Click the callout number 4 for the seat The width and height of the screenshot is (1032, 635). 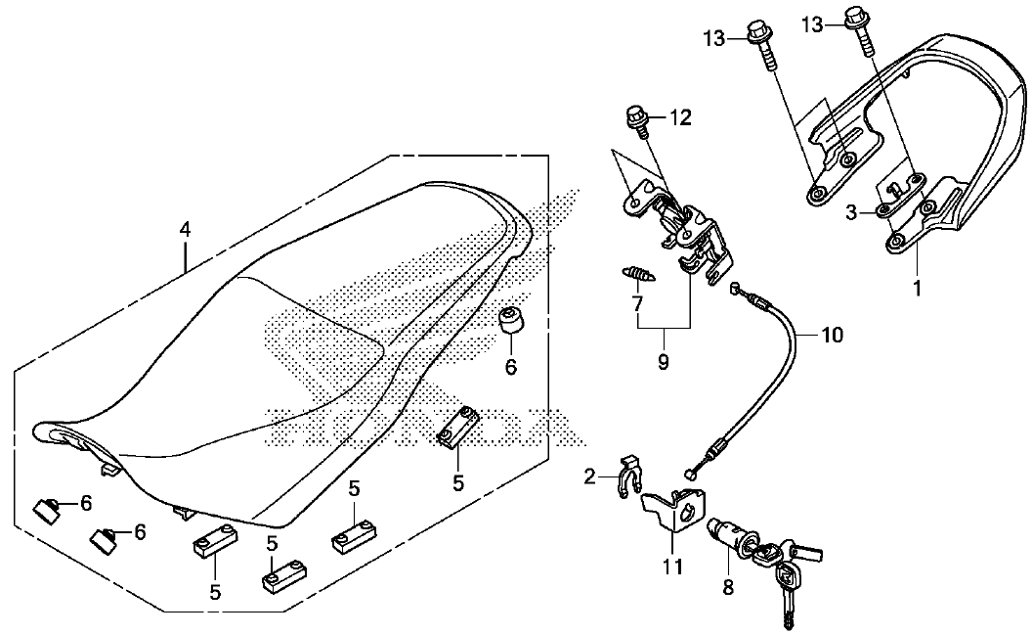pos(185,230)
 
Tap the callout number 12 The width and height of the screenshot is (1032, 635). pos(680,118)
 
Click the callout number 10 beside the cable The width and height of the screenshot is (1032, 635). pos(832,336)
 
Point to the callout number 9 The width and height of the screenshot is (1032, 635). pos(663,362)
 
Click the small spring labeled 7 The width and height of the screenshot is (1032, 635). pos(637,273)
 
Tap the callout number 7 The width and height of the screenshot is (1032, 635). pos(636,303)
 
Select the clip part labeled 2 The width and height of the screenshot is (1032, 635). pos(628,475)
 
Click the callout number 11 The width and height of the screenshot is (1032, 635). pos(672,566)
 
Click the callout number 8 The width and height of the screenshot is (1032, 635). pos(728,587)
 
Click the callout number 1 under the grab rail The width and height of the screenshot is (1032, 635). pos(917,288)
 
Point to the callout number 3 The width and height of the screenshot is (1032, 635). pos(851,212)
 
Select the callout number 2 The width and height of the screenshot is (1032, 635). pos(590,476)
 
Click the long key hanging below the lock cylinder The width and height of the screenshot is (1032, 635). pos(787,592)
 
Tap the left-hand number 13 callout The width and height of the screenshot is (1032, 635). pos(712,38)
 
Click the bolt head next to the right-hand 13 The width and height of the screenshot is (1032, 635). pos(853,15)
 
